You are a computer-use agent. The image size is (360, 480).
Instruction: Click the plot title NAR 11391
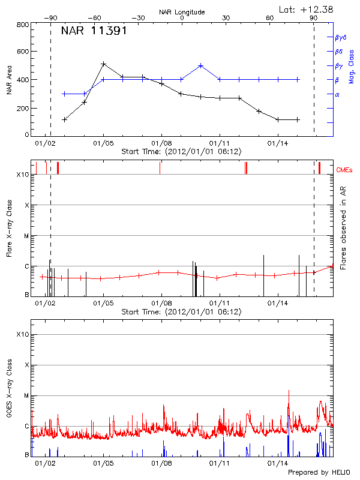click(x=94, y=31)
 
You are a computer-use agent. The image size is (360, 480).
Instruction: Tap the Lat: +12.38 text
click(x=307, y=9)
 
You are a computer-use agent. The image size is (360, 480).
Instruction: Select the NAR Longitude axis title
click(x=182, y=12)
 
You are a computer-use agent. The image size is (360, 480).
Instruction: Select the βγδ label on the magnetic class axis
click(x=340, y=37)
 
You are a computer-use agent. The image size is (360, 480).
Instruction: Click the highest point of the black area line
click(x=104, y=64)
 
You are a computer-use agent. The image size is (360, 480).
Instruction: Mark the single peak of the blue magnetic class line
click(x=200, y=65)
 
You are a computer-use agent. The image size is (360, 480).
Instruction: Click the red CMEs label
click(x=345, y=170)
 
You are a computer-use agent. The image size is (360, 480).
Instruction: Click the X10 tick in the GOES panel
click(x=22, y=334)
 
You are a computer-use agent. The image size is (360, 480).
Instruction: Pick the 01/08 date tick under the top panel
click(x=161, y=144)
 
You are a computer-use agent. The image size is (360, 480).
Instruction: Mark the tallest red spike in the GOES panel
click(x=289, y=390)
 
